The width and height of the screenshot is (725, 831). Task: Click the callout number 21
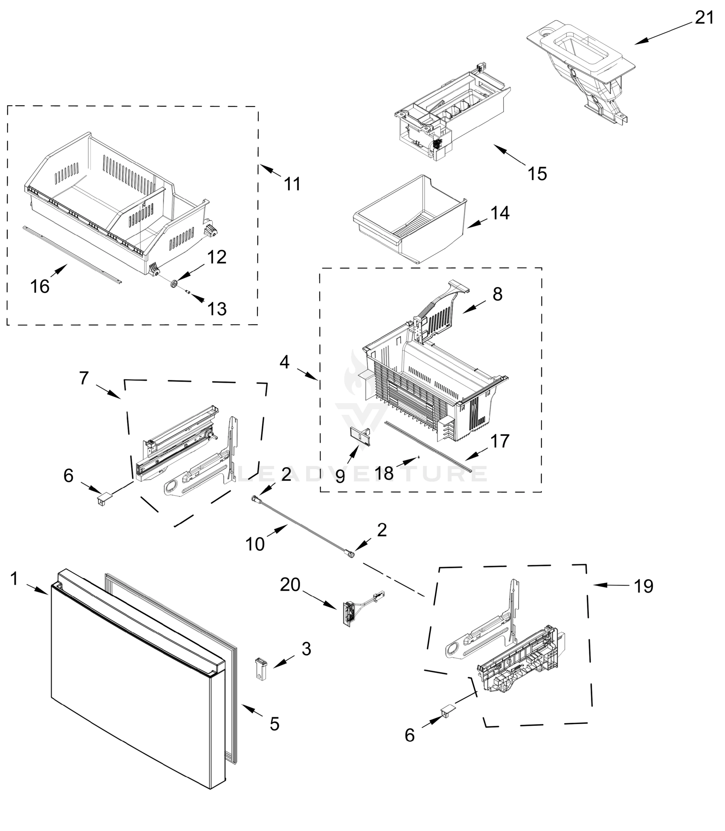pos(704,18)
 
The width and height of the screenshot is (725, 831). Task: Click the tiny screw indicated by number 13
pos(188,292)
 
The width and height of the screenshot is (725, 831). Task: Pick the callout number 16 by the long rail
pos(40,287)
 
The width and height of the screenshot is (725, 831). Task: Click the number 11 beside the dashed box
pos(292,184)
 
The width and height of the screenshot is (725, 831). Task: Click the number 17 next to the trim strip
pos(500,441)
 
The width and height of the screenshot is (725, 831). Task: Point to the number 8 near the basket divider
pos(497,294)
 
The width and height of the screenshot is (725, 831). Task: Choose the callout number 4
pos(284,362)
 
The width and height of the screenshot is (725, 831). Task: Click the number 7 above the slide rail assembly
pos(83,378)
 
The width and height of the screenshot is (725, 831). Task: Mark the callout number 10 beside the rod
pos(255,544)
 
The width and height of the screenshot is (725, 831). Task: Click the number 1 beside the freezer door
pos(15,579)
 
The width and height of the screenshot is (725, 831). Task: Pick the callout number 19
pos(643,586)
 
